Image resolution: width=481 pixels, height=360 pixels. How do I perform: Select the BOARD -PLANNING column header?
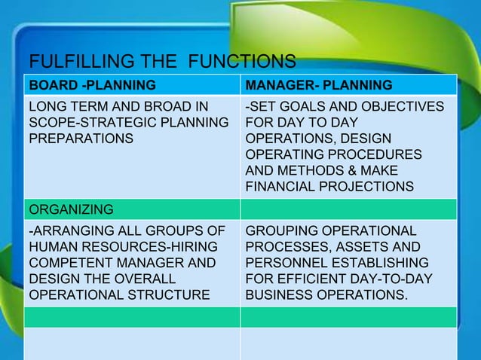click(x=92, y=84)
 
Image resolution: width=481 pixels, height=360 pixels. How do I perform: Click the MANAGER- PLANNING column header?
click(x=320, y=84)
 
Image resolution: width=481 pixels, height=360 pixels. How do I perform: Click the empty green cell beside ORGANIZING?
click(x=348, y=208)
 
